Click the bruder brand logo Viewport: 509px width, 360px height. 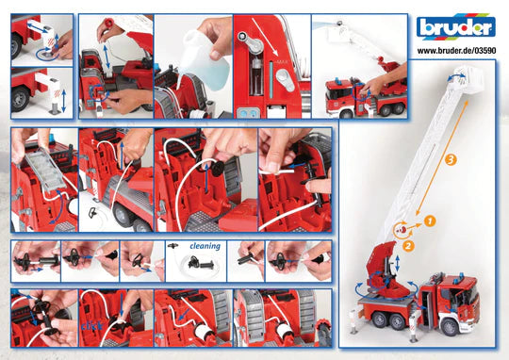pos(455,26)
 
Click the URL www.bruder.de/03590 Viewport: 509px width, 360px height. pos(456,51)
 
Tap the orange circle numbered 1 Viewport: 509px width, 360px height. pos(429,220)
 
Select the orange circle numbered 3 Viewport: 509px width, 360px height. pos(451,160)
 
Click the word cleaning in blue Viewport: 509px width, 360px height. pos(205,246)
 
